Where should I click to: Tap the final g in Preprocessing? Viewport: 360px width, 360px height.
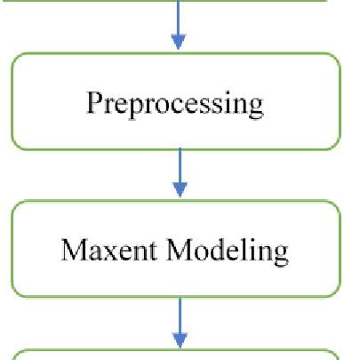click(x=255, y=108)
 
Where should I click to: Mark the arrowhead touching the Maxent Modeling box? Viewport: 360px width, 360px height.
click(x=180, y=189)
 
